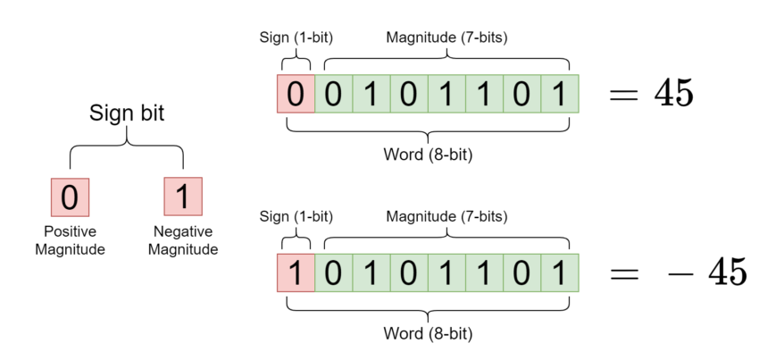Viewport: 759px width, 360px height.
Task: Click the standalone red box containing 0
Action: [x=70, y=197]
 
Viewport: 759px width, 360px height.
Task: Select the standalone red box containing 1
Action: [x=183, y=197]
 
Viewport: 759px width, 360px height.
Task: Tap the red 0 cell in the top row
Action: [x=296, y=94]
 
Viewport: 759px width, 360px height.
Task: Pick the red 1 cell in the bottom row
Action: [x=296, y=272]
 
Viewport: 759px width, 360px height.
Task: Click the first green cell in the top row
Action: [x=333, y=94]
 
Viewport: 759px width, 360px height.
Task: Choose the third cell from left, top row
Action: [x=371, y=94]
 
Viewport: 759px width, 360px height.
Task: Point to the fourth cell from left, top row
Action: [x=408, y=94]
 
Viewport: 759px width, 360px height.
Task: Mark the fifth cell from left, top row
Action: [x=446, y=94]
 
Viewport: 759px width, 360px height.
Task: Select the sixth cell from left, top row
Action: [x=484, y=94]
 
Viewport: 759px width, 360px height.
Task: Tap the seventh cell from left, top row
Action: [x=521, y=94]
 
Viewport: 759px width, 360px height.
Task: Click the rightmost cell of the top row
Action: [x=560, y=94]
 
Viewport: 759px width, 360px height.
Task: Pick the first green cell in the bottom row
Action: [x=333, y=272]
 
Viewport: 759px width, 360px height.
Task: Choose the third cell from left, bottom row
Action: [x=371, y=272]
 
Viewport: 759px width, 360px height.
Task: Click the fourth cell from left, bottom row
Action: [x=408, y=272]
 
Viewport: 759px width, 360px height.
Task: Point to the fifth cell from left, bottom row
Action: [x=446, y=272]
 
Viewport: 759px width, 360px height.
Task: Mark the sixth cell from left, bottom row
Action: [x=484, y=272]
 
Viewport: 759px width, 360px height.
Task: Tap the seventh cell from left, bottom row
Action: [x=521, y=272]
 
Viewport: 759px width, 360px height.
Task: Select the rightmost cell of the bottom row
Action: [x=560, y=272]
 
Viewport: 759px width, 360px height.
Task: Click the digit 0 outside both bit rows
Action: [x=70, y=197]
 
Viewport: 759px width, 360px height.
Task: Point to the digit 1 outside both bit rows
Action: [x=183, y=197]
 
